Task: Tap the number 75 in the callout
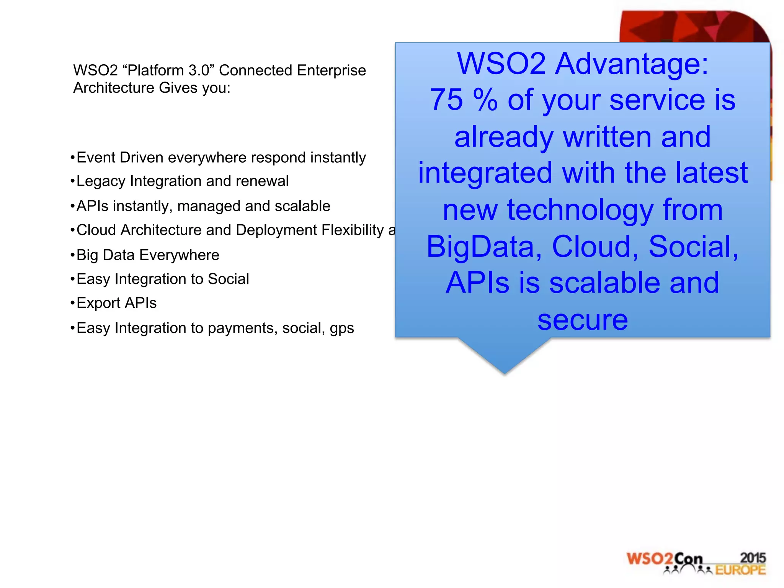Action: (x=446, y=100)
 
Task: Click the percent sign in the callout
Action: (x=485, y=100)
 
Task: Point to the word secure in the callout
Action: (x=582, y=320)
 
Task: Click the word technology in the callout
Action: (x=580, y=210)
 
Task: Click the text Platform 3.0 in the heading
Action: (x=168, y=70)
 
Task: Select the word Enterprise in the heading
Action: (x=331, y=70)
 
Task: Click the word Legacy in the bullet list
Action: (x=101, y=181)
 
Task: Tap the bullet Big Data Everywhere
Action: (x=148, y=255)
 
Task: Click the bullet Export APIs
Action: (x=116, y=303)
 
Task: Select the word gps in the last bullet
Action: (x=341, y=328)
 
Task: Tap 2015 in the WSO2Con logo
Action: (x=752, y=558)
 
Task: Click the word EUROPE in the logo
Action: (x=740, y=570)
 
